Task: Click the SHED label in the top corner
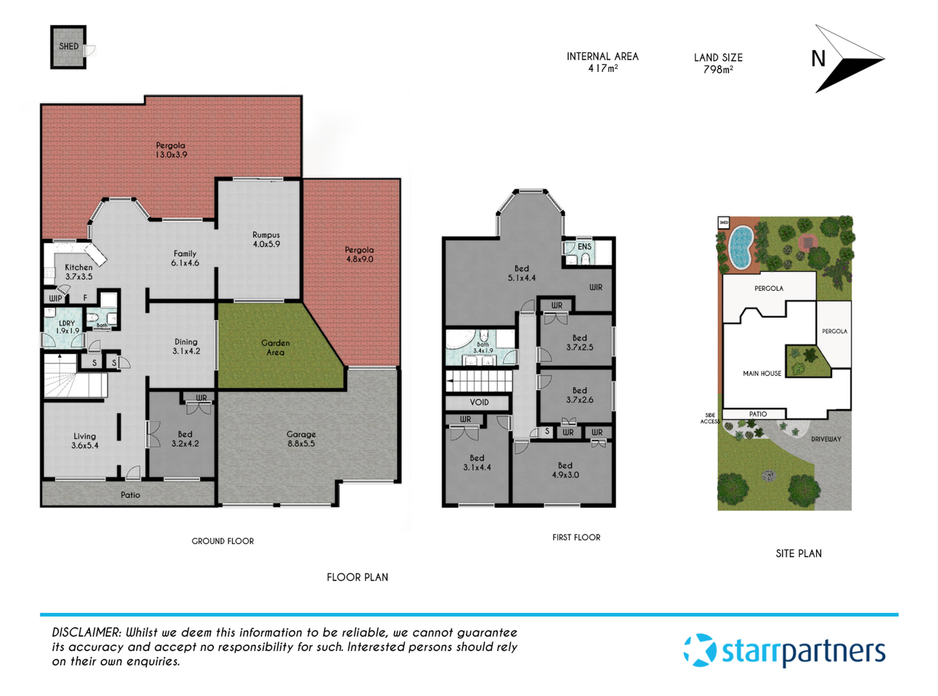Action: point(69,46)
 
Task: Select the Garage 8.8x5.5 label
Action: point(301,438)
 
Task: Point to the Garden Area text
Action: point(275,348)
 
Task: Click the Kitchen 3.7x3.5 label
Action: point(79,272)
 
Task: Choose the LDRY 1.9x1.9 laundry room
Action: point(67,327)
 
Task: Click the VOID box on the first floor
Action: point(479,402)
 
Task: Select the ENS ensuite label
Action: point(584,246)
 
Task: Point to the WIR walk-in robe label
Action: point(596,287)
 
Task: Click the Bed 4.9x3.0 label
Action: point(565,470)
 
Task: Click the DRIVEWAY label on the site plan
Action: point(826,439)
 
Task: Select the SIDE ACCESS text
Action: point(710,418)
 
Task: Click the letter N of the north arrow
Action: point(818,59)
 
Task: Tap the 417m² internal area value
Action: point(602,68)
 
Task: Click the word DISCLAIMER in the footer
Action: point(86,632)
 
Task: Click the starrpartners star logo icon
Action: point(700,650)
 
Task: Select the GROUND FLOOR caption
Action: point(222,541)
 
